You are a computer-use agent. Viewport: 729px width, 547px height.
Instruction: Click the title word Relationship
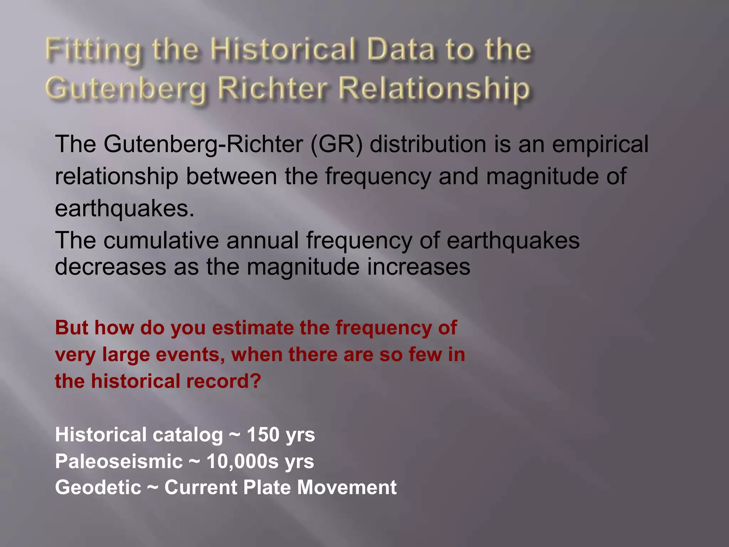(x=434, y=89)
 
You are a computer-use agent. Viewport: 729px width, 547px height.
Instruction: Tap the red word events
(x=190, y=355)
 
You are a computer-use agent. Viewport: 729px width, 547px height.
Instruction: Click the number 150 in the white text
(x=263, y=435)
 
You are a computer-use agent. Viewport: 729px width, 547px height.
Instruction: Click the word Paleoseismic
(x=119, y=462)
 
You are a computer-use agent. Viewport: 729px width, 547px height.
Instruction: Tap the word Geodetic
(x=98, y=488)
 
